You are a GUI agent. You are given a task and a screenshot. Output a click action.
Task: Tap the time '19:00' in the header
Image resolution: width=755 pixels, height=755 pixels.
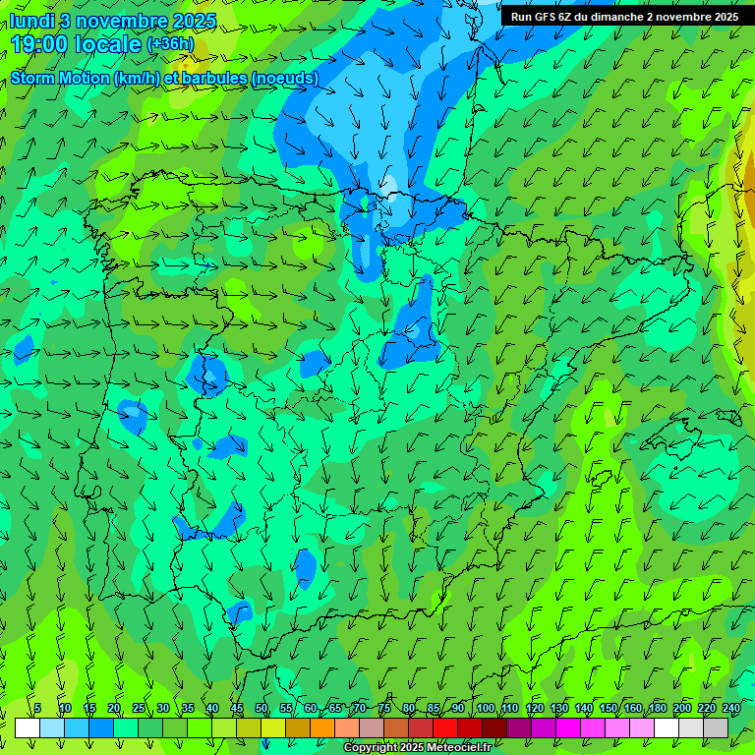coord(42,44)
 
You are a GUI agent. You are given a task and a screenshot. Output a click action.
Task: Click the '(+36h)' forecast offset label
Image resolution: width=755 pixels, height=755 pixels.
coord(170,44)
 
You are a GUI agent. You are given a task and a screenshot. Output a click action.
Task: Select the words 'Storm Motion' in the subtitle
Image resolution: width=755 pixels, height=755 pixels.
coord(59,78)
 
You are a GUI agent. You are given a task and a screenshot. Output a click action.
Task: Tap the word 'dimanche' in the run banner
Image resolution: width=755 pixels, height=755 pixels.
coord(616,17)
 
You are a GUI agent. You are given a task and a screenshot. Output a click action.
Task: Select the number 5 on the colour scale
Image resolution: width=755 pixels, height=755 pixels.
coord(37,709)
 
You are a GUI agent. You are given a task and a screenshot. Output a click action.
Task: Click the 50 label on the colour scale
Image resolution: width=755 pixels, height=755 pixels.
coord(261,709)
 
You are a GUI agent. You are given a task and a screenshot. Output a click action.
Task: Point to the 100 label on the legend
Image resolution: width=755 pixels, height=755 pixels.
coord(485,709)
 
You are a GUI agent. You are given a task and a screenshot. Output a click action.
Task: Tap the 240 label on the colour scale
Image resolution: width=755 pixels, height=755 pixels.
coord(731,709)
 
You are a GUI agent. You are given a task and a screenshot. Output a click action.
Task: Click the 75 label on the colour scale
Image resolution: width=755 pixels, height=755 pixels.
coord(384,709)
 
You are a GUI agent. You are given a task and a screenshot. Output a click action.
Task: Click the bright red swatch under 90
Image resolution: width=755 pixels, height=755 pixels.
coord(445,727)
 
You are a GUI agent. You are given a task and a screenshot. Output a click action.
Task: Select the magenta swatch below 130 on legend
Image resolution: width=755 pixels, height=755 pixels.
coord(568,727)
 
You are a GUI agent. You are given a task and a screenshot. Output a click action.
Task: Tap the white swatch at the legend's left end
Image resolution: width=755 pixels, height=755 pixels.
coord(28,727)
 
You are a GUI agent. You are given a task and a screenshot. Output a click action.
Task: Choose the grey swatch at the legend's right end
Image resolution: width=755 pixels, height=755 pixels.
coord(716,727)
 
